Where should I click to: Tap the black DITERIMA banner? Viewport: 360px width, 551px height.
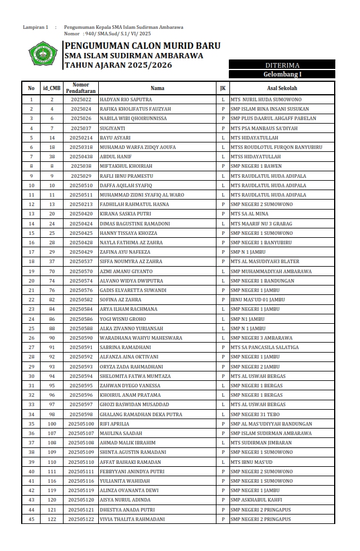click(x=282, y=65)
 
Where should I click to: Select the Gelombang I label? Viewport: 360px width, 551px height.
click(x=282, y=74)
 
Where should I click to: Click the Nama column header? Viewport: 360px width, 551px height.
click(x=157, y=88)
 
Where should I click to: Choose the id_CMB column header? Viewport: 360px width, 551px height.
click(x=52, y=88)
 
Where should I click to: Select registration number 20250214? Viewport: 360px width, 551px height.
click(x=81, y=138)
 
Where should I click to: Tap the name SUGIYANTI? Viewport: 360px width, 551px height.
click(x=112, y=128)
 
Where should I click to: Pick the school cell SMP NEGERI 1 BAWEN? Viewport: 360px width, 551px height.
click(x=256, y=167)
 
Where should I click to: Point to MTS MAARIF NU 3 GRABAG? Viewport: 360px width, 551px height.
click(x=262, y=224)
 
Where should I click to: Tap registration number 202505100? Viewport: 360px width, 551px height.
click(x=81, y=424)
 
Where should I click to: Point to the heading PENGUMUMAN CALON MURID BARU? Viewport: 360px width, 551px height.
click(x=142, y=46)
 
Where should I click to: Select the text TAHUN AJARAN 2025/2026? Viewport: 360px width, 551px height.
click(x=118, y=65)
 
